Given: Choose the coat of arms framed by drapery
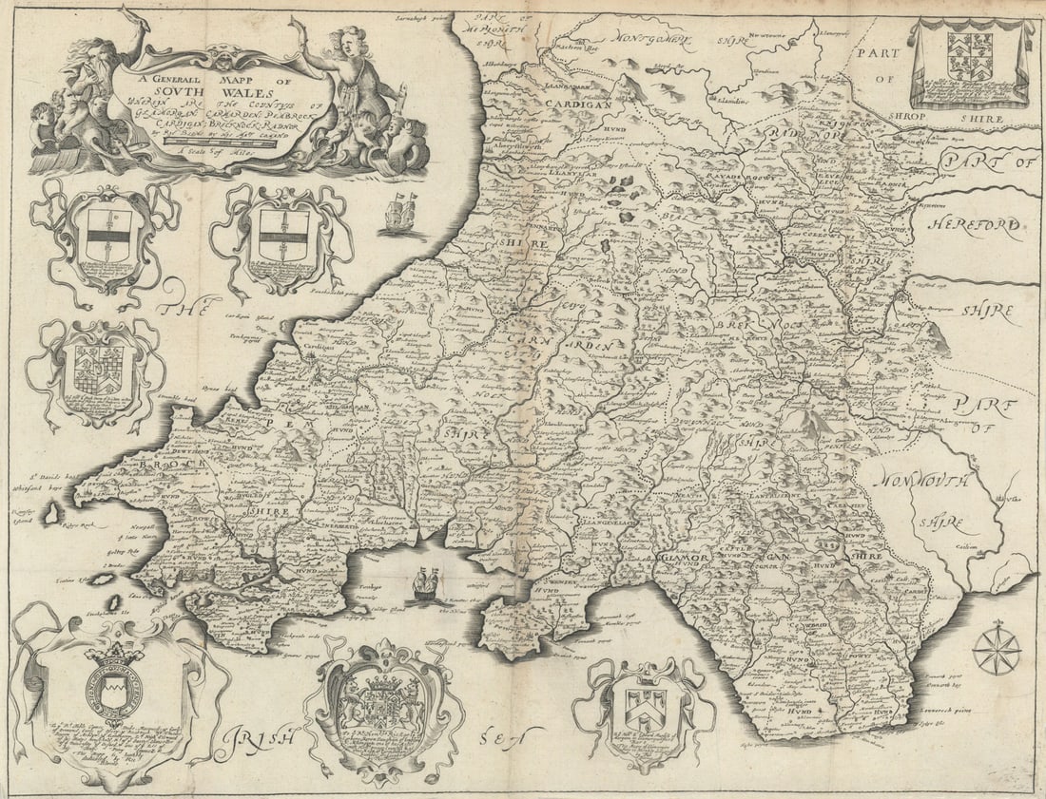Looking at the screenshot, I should [970, 62].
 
